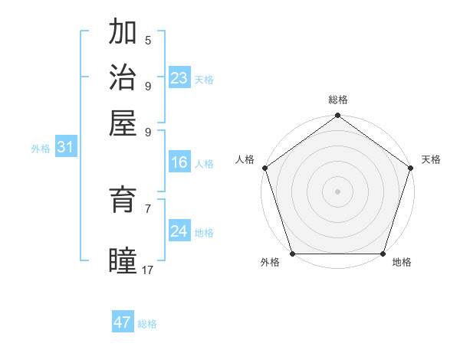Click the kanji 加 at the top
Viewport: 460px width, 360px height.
pos(123,32)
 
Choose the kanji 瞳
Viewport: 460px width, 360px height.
pos(123,260)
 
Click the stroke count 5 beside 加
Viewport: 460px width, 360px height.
pos(148,41)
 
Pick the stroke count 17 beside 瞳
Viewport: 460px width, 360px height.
pos(148,270)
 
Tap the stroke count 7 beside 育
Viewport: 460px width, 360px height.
pos(148,208)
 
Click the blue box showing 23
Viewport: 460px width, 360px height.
pos(179,78)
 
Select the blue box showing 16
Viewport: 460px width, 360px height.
pos(179,162)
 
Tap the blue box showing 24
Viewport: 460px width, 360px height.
pos(179,231)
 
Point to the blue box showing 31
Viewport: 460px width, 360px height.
pos(64,148)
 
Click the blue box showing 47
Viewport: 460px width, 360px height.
pos(123,322)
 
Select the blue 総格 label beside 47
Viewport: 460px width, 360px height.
pos(148,324)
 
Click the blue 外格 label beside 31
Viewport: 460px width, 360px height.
pos(41,149)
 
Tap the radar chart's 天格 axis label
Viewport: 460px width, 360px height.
pos(431,159)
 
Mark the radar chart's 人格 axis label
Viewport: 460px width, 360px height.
pos(245,159)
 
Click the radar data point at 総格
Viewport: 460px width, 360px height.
pos(337,116)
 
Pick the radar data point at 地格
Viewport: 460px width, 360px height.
pos(383,254)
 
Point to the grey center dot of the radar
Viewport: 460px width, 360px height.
pos(337,191)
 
